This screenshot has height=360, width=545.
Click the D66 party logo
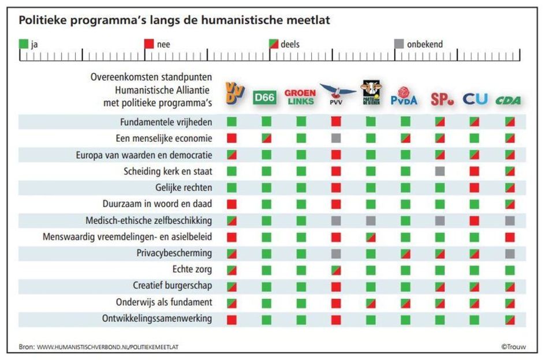pos(266,97)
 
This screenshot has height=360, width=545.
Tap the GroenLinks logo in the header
pos(300,97)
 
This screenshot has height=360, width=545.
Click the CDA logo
pos(508,100)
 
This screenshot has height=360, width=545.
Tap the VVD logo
pos(232,94)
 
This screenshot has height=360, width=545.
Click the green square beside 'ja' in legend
pos(24,44)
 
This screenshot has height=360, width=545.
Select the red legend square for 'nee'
pos(149,44)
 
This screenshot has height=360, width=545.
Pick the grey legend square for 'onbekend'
pos(399,44)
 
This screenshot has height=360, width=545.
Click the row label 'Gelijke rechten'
pos(184,187)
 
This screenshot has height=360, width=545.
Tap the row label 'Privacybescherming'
pos(174,253)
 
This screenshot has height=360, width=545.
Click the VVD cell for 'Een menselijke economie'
pos(232,138)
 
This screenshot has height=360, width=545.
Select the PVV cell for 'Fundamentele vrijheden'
pos(336,122)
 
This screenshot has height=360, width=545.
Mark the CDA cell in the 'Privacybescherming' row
pos(510,253)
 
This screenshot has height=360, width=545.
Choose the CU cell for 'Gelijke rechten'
pos(475,187)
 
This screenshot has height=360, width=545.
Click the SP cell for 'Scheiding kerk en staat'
pos(440,171)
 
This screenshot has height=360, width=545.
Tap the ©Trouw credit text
pos(513,347)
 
